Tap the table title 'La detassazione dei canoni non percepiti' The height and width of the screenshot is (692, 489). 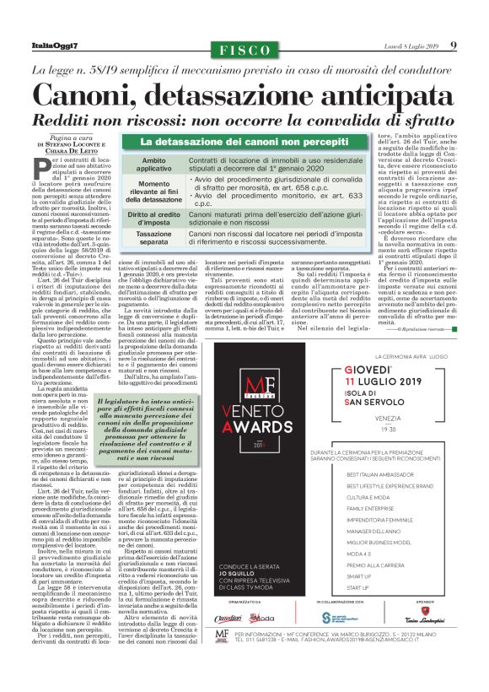244,143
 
